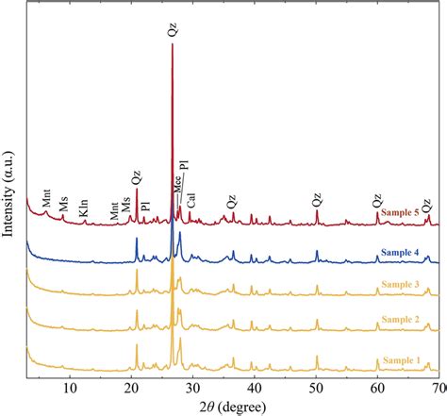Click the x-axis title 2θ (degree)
tap(234, 406)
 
